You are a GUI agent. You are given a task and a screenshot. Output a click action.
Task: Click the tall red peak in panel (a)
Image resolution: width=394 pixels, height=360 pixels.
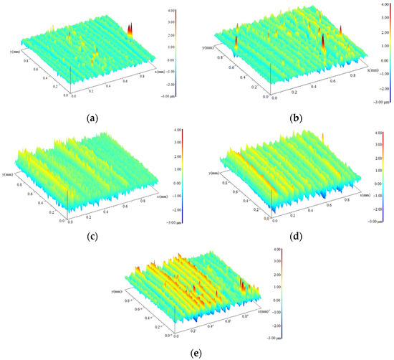(130, 29)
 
